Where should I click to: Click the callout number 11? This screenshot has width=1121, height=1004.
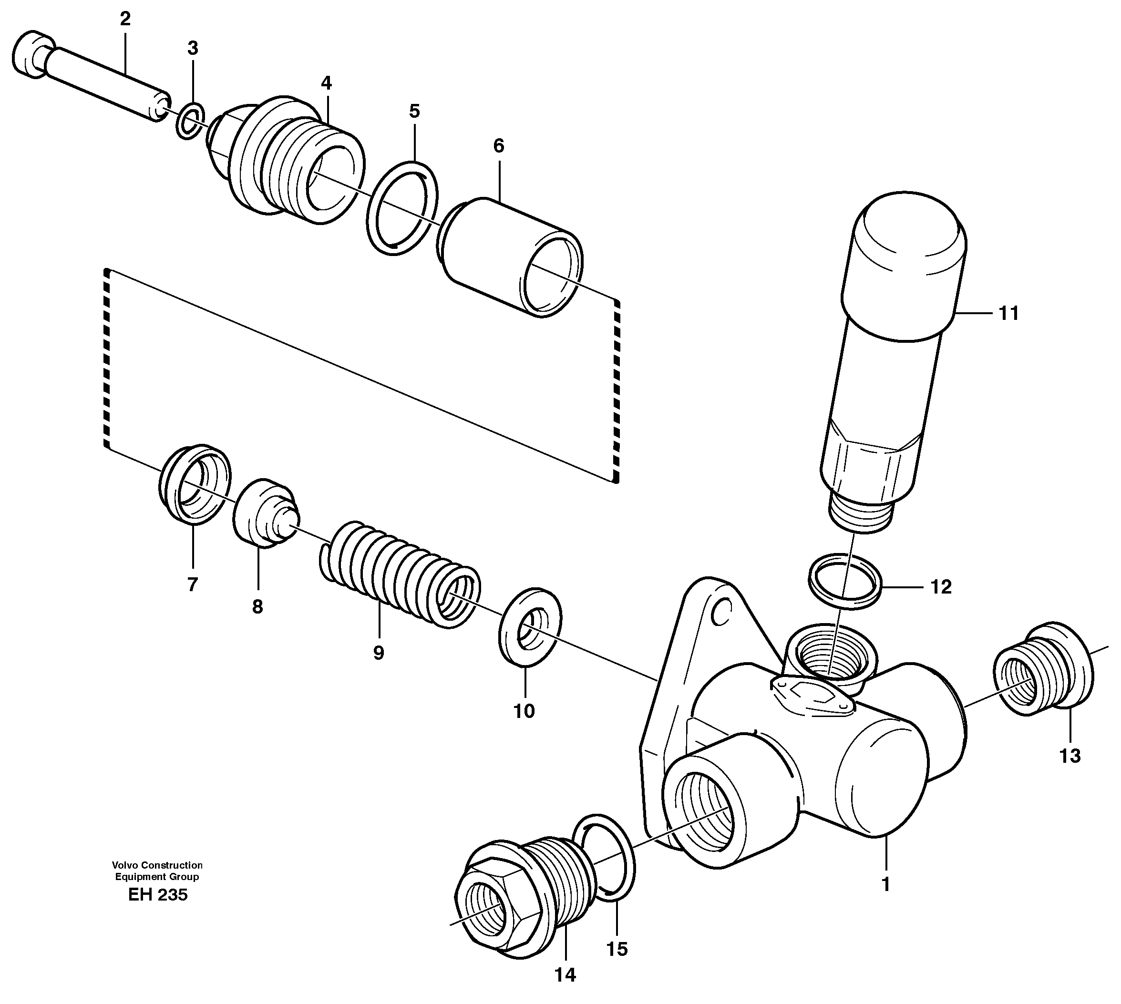point(1008,313)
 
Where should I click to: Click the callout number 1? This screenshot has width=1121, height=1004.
point(885,884)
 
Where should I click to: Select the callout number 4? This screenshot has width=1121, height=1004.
point(326,83)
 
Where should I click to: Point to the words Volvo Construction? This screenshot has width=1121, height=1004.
point(157,865)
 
